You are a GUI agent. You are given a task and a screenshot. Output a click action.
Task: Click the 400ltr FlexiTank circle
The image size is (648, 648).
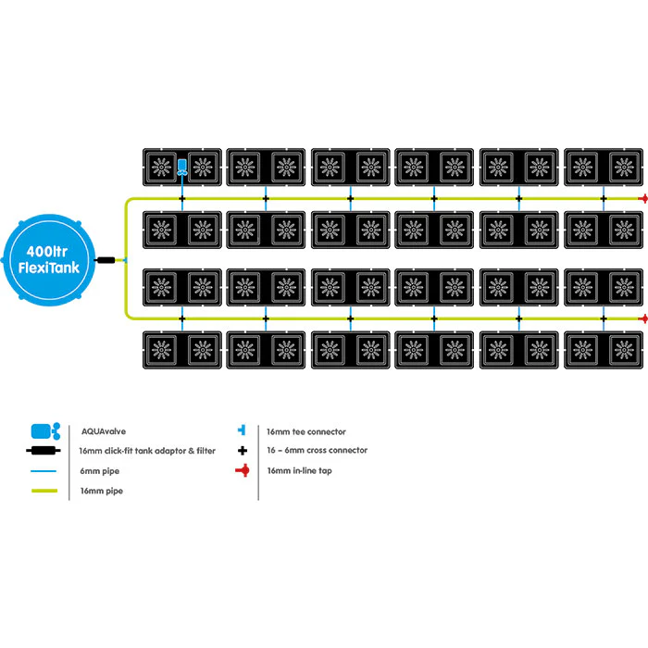click(x=49, y=260)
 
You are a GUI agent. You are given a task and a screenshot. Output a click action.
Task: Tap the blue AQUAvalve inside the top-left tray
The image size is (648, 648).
click(x=181, y=167)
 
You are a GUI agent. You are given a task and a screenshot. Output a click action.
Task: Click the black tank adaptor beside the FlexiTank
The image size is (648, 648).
click(x=105, y=260)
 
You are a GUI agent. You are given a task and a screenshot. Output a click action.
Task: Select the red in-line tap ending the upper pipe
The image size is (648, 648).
click(x=643, y=199)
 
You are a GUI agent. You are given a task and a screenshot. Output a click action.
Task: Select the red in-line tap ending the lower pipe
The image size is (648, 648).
click(x=643, y=318)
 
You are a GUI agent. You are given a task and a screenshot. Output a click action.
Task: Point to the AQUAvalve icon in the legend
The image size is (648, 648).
click(x=45, y=431)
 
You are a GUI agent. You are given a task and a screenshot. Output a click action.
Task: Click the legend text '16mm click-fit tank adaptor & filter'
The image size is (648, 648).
click(x=147, y=451)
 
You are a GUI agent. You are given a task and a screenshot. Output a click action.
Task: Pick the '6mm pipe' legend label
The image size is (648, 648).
click(x=100, y=471)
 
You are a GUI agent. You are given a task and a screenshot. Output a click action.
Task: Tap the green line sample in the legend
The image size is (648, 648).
click(x=44, y=491)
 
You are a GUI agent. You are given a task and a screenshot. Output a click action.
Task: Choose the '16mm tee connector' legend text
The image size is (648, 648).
click(x=305, y=432)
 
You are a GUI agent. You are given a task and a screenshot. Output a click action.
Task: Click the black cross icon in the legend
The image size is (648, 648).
click(x=243, y=451)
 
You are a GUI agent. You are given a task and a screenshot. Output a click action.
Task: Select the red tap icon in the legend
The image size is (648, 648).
click(x=243, y=470)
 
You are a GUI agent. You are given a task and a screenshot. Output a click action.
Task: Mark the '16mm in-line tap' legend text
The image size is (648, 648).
click(x=299, y=470)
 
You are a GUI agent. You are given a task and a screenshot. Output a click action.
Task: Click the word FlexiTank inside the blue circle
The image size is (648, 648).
click(x=49, y=268)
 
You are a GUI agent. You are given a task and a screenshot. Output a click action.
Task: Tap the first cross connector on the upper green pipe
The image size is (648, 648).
click(x=181, y=199)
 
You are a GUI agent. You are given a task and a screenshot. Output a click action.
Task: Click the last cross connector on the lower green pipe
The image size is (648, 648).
click(x=604, y=318)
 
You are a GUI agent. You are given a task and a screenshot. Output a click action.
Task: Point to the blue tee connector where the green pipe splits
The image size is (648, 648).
click(x=125, y=260)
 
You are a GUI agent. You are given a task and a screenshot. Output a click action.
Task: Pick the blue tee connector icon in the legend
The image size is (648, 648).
click(x=242, y=430)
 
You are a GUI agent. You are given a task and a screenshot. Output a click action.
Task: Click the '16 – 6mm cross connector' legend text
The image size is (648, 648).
click(x=317, y=451)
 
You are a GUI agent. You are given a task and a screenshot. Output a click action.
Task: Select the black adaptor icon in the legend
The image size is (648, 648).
click(x=44, y=451)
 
